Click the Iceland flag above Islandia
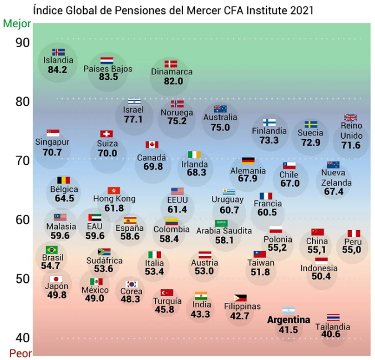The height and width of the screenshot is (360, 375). click(58, 52)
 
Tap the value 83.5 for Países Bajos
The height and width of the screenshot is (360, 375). click(108, 77)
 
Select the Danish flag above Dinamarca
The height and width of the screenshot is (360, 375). click(171, 64)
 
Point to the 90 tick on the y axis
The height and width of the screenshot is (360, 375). click(23, 43)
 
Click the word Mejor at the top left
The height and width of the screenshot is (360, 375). click(17, 24)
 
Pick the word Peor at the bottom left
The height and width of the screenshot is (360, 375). click(21, 353)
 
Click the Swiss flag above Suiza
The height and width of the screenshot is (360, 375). click(107, 134)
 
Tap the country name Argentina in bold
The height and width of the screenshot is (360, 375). click(288, 320)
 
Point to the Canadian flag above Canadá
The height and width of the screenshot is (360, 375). click(152, 145)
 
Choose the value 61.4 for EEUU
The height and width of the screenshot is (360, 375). click(177, 210)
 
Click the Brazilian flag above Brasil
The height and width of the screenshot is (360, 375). click(52, 250)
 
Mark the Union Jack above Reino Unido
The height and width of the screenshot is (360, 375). click(350, 118)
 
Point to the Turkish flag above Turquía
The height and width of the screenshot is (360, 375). click(167, 292)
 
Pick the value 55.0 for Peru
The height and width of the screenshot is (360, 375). click(351, 250)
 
